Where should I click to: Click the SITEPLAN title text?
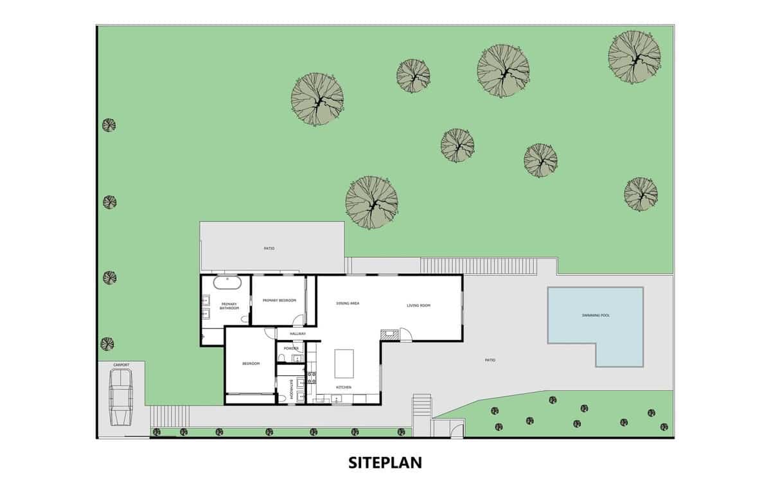point(385,462)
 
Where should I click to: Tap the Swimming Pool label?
point(595,316)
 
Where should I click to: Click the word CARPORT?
point(121,365)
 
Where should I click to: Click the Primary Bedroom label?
point(279,301)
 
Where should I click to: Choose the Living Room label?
point(418,305)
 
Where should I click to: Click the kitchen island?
point(344,363)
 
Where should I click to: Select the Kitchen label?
point(344,388)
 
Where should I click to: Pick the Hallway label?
point(297,334)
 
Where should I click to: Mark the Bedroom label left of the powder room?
point(251,364)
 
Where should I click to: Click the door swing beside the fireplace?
point(405,334)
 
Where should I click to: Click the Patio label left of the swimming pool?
point(490,360)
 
